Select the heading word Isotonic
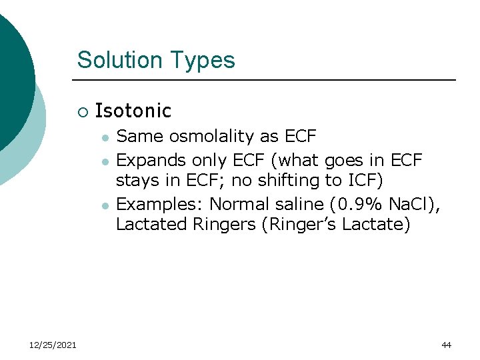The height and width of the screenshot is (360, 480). click(133, 111)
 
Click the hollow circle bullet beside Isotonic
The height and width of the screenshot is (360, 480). click(82, 111)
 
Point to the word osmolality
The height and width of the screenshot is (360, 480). click(213, 137)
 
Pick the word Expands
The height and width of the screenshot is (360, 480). click(151, 161)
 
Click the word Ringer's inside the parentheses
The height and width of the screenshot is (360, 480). click(303, 225)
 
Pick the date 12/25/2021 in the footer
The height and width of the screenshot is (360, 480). click(53, 345)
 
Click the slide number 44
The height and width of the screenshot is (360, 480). click(446, 345)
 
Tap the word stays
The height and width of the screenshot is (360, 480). click(136, 181)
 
